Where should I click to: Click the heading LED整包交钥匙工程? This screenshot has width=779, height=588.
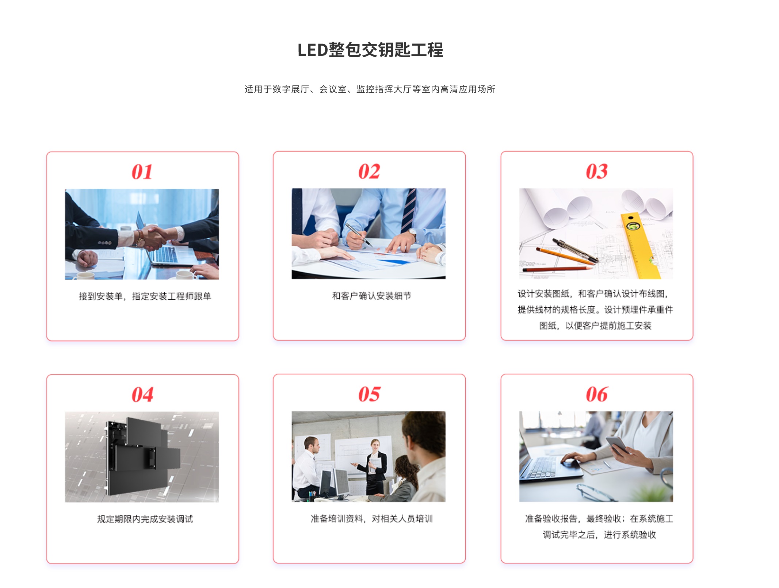(x=370, y=50)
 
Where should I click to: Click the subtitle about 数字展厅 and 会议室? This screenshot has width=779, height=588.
(x=370, y=89)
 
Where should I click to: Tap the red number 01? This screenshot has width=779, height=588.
(x=142, y=172)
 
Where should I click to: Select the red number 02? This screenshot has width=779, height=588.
(x=369, y=172)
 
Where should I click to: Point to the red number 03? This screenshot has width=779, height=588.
(x=597, y=172)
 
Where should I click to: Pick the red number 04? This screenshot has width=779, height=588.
(x=142, y=395)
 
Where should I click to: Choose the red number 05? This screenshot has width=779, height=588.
(x=369, y=394)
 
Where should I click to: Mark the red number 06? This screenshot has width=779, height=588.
(x=597, y=394)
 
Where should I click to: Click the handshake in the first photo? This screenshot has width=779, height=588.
(x=153, y=237)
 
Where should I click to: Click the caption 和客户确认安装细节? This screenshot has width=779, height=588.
(x=371, y=296)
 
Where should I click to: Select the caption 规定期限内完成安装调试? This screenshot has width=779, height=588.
(x=145, y=519)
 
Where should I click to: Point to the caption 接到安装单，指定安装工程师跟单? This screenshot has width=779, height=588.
(x=145, y=296)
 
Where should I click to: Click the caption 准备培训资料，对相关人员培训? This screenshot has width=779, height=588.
(x=371, y=519)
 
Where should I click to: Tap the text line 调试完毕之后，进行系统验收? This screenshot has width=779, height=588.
(x=599, y=535)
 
